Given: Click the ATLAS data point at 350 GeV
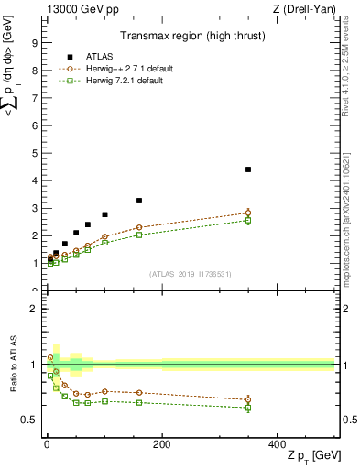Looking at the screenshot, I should (x=248, y=169).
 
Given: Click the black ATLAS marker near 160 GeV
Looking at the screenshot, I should (x=139, y=201).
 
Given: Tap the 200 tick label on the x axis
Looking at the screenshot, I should (x=161, y=444).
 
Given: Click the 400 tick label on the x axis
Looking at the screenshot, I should (x=277, y=444).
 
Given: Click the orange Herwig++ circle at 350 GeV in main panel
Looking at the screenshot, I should (x=248, y=213).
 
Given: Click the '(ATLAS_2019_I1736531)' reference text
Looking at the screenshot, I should (x=189, y=274).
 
